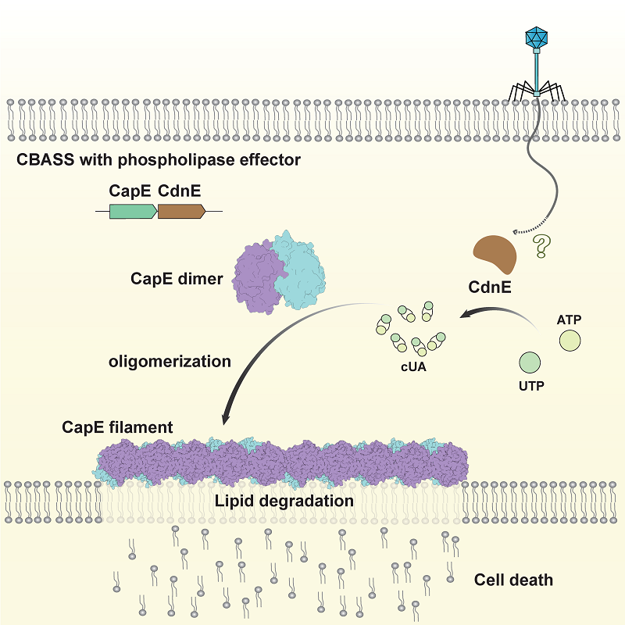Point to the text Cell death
tap(513, 580)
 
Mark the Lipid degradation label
tap(284, 500)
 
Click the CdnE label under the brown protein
tap(490, 287)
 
